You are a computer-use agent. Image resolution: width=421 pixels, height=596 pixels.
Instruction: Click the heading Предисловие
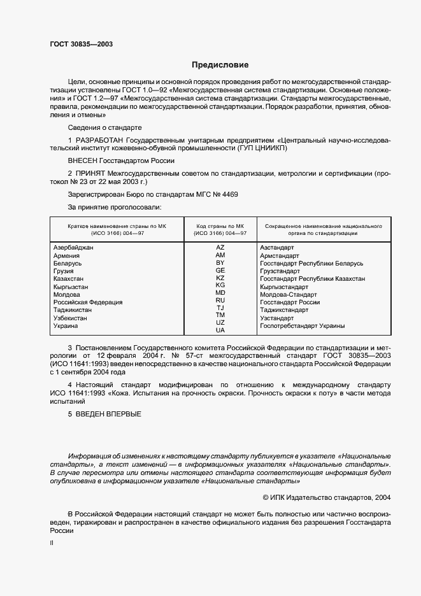(220, 65)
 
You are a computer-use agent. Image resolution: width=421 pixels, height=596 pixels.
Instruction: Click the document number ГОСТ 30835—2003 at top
(82, 45)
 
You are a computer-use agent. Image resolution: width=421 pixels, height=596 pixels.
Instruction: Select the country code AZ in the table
(220, 246)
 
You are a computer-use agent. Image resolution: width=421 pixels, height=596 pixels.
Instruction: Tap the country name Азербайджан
(74, 247)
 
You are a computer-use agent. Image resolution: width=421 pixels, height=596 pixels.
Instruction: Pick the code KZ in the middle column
(220, 278)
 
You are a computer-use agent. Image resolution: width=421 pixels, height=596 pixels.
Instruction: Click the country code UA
(220, 330)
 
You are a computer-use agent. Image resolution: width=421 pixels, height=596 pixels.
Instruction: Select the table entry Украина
(66, 326)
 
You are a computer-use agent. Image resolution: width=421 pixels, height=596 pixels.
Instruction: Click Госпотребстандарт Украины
(303, 326)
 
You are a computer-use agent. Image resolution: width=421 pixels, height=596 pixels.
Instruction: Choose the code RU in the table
(220, 300)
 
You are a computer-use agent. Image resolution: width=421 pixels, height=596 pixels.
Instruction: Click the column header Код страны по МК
(220, 226)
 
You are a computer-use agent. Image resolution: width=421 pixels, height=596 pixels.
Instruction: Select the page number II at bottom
(52, 544)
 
